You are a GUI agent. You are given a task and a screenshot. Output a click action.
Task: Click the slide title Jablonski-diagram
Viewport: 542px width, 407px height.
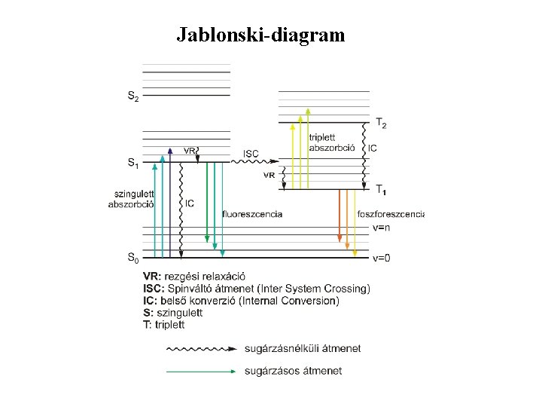[x=260, y=35]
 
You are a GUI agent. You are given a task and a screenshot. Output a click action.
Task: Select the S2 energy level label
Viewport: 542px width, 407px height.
[x=132, y=96]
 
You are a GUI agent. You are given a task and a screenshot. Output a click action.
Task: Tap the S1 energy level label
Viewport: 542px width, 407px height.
[x=132, y=162]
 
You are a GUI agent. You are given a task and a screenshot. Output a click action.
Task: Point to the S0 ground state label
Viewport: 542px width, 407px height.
[x=132, y=259]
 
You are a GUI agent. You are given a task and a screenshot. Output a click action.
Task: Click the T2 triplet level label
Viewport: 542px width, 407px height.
[x=381, y=123]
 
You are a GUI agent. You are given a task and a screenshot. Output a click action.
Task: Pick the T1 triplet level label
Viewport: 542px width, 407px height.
[x=381, y=188]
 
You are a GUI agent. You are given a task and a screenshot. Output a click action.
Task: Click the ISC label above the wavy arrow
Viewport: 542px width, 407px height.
[x=251, y=154]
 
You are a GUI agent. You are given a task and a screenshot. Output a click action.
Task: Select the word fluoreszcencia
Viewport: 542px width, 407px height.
[x=253, y=214]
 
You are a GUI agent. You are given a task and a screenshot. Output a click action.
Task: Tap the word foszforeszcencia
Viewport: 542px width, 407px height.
[x=391, y=214]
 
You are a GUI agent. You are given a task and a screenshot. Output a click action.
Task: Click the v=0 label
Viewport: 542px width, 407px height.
[x=382, y=259]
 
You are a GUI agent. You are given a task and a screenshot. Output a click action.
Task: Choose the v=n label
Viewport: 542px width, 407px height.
[x=382, y=227]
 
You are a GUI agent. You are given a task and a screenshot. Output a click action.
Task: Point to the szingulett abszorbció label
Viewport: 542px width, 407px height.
[x=132, y=199]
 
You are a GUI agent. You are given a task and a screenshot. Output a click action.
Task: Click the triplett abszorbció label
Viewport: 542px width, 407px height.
[x=331, y=142]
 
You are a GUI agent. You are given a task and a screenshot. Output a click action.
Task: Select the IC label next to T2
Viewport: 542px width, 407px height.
[x=373, y=148]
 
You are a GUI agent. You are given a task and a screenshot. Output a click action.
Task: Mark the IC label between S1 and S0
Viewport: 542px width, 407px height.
[x=190, y=203]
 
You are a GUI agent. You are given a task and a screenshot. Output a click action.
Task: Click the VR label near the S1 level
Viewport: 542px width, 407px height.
[x=190, y=150]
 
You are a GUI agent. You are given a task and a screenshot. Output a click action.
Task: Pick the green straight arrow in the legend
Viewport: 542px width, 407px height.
[x=200, y=371]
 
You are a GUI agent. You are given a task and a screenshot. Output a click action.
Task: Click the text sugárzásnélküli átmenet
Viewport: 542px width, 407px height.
[x=303, y=348]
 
